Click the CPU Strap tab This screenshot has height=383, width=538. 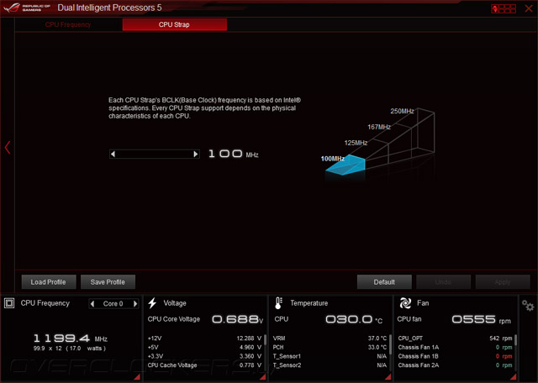(x=174, y=24)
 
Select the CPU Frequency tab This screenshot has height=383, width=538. (x=68, y=24)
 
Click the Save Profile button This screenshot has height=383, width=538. (x=108, y=282)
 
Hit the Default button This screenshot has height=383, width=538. (x=384, y=282)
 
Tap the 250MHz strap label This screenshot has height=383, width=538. (x=402, y=111)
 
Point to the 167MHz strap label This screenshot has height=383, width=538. (x=378, y=127)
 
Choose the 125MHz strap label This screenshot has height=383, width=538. (x=356, y=143)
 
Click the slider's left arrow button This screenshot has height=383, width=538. (x=113, y=155)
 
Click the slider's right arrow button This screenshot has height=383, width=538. (x=196, y=155)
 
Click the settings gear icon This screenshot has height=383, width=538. (x=528, y=305)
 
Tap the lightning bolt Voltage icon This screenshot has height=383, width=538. (x=152, y=303)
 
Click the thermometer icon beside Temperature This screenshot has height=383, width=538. (x=278, y=303)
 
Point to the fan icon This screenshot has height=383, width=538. (x=404, y=303)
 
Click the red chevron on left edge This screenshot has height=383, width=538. (x=8, y=148)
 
